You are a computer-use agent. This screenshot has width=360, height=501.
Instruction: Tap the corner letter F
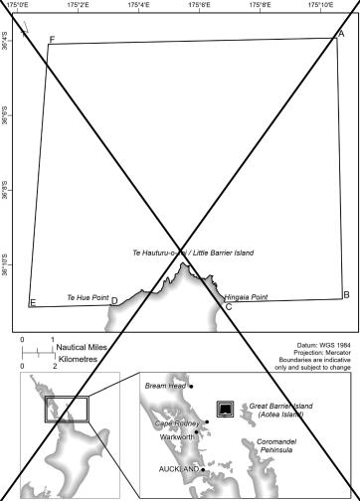(52, 40)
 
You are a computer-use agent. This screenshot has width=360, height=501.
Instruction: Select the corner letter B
(345, 294)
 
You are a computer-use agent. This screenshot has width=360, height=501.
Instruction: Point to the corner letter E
(33, 302)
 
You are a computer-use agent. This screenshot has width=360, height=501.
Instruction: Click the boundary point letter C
(228, 306)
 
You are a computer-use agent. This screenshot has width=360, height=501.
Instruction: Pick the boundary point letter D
(114, 301)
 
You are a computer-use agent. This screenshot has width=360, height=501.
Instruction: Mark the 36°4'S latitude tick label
(6, 44)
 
